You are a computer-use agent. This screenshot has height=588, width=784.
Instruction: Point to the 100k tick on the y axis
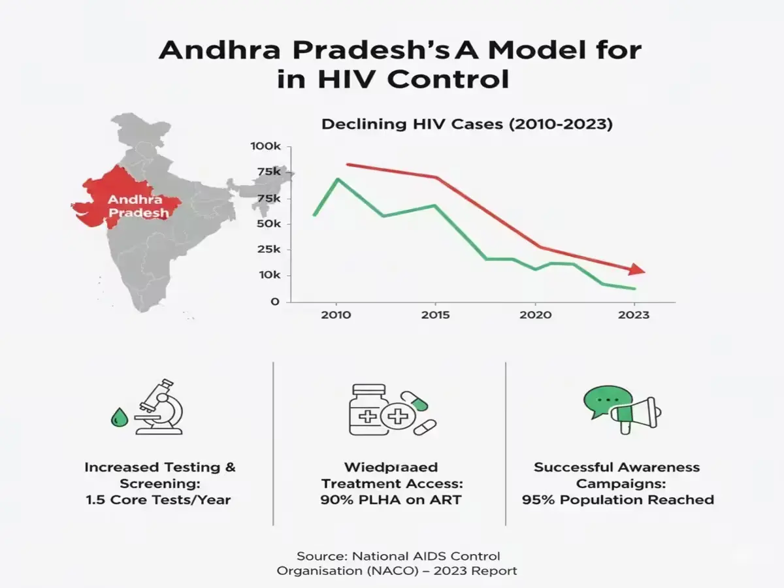[265, 146]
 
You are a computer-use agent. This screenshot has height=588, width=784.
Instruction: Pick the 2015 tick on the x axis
[436, 315]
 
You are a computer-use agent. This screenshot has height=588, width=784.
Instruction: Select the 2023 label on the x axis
[634, 315]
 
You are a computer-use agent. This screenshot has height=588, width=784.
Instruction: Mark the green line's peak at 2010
[337, 178]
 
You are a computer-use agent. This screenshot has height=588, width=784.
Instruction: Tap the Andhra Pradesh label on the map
[135, 206]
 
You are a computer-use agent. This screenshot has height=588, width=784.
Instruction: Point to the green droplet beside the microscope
[118, 417]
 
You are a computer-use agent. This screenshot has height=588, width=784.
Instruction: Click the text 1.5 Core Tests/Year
[159, 500]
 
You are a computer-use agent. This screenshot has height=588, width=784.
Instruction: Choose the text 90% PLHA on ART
[391, 500]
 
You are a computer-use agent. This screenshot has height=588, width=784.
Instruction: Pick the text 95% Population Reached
[617, 500]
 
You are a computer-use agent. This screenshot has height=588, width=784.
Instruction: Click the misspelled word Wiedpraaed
[391, 467]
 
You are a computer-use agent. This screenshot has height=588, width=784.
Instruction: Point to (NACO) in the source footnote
[380, 571]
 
